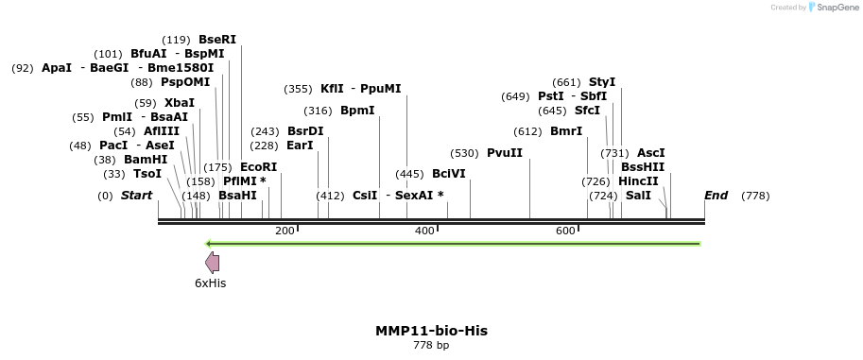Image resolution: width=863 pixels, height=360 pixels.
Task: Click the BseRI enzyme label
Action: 216,40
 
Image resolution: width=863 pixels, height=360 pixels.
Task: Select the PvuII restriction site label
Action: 504,153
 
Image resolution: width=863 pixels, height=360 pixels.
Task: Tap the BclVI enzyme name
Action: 448,174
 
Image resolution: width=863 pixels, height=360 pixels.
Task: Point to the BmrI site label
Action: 565,131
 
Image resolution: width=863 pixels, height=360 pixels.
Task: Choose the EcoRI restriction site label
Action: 258,167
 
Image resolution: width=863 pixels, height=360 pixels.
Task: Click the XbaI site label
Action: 179,103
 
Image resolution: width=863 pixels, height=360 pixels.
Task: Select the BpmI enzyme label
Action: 357,111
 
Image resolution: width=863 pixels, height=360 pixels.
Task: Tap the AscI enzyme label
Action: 650,153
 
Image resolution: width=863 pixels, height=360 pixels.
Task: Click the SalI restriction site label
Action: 638,196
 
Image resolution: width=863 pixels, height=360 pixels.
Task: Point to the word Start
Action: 136,196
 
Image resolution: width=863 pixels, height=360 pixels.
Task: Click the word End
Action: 716,196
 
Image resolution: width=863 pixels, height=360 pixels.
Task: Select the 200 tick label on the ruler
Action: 285,231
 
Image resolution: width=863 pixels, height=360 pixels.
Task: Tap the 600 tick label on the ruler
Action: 565,231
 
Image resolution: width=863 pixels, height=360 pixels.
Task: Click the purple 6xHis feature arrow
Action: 213,263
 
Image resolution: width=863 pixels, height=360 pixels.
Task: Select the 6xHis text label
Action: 210,283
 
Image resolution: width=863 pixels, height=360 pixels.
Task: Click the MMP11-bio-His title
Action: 431,331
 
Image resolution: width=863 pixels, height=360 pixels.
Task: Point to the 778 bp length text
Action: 431,346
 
